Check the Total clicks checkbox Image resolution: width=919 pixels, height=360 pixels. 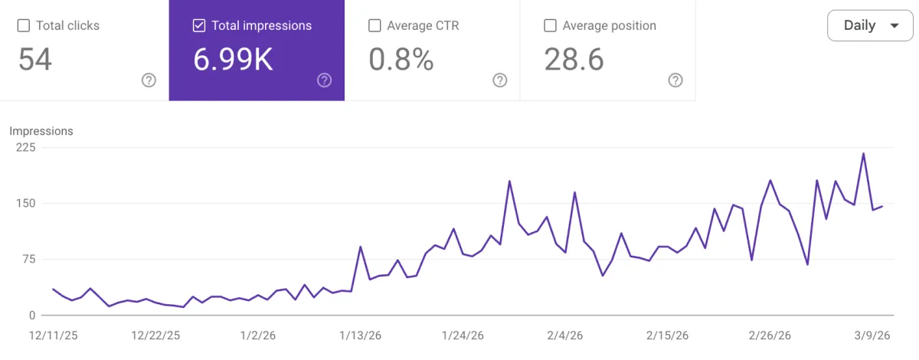(24, 25)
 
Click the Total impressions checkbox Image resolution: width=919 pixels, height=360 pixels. (199, 25)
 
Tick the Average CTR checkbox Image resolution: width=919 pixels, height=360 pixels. (374, 25)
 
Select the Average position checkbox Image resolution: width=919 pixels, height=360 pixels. (550, 25)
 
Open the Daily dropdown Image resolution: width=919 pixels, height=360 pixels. (871, 25)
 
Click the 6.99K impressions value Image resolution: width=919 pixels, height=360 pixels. (233, 59)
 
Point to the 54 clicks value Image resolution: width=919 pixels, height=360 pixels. (35, 59)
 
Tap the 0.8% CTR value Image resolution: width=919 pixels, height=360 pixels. (401, 59)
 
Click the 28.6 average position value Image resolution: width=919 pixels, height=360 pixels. (574, 59)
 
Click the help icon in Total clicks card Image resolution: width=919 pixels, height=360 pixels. (149, 80)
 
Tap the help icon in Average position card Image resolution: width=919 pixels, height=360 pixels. (675, 80)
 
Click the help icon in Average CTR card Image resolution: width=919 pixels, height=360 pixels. (500, 80)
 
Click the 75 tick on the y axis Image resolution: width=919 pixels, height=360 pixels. (28, 259)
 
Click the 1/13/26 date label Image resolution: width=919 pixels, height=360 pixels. (360, 335)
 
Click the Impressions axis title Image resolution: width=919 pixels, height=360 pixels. (41, 131)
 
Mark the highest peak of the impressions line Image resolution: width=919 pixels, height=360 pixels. (864, 154)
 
